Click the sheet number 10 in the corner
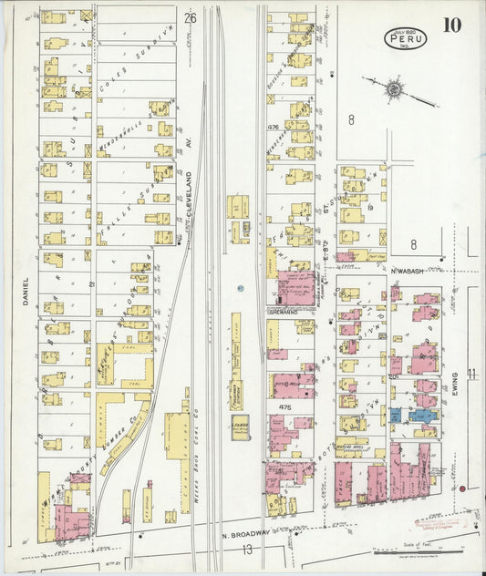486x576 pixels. pyautogui.click(x=451, y=25)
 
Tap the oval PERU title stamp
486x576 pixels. pyautogui.click(x=405, y=38)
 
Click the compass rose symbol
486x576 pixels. pyautogui.click(x=394, y=89)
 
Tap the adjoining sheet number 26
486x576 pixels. pyautogui.click(x=190, y=18)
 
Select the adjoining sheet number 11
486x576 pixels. pyautogui.click(x=472, y=374)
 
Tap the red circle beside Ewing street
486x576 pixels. pyautogui.click(x=463, y=489)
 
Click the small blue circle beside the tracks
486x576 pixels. pyautogui.click(x=238, y=288)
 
